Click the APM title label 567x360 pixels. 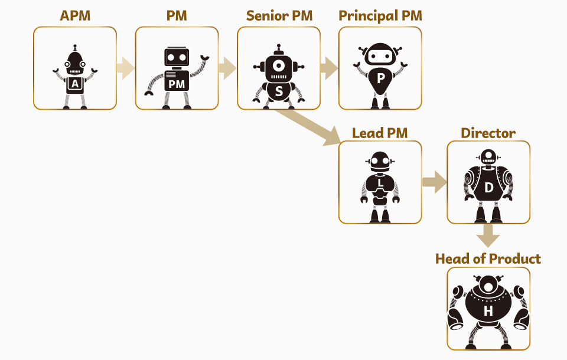point(75,16)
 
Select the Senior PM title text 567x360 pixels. point(279,16)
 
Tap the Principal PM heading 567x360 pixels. point(380,16)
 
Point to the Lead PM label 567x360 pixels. point(380,133)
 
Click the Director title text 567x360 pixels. point(488,133)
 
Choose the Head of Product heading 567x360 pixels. point(488,258)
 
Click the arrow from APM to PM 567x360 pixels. point(125,68)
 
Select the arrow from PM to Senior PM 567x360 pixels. point(227,68)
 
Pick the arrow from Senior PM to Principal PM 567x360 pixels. point(329,68)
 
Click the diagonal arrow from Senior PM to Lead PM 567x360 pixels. point(307,126)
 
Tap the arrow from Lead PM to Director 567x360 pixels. point(434,182)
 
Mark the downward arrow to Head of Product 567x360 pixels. point(488,235)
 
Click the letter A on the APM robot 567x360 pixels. point(75,84)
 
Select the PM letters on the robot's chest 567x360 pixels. point(177,84)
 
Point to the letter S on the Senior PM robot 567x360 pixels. point(279,91)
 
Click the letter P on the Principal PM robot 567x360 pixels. point(380,77)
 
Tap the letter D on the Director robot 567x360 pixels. point(488,188)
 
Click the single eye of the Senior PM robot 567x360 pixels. point(279,64)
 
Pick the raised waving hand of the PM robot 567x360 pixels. point(205,58)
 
